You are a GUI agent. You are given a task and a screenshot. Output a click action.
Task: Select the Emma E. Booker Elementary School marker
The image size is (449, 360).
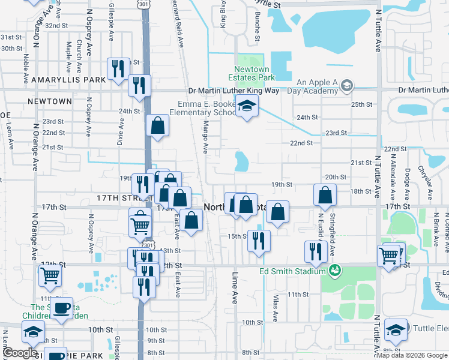[x=246, y=106]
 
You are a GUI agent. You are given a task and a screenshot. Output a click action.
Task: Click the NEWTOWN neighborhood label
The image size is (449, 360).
[x=50, y=101]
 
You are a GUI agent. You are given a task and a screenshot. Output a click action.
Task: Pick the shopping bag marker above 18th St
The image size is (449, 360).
[x=325, y=194]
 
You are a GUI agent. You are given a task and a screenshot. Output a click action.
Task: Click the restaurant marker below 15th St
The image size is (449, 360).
[x=259, y=241]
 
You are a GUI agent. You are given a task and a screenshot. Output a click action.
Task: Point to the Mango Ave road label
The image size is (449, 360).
[x=205, y=136]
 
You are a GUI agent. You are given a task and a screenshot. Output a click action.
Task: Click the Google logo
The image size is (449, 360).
[x=21, y=353]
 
